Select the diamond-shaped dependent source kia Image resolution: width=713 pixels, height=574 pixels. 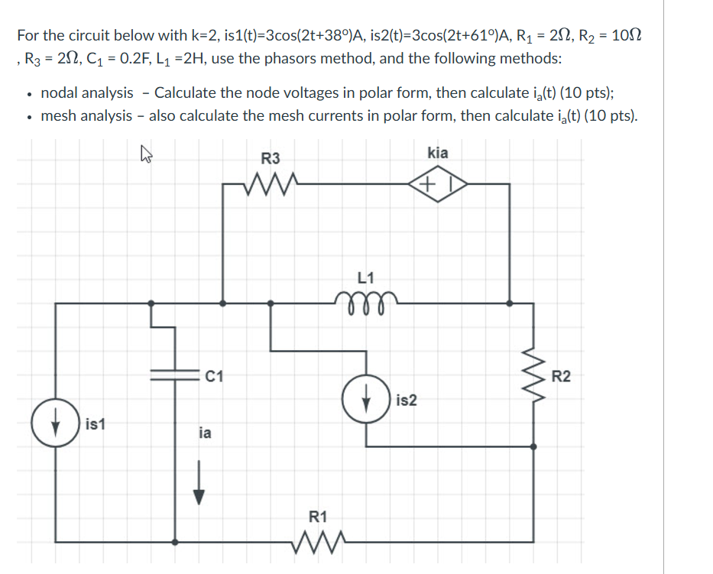click(437, 184)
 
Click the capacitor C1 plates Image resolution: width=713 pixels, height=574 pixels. click(176, 375)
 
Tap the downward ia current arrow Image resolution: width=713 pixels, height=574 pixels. click(199, 485)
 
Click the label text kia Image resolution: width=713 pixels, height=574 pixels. click(438, 153)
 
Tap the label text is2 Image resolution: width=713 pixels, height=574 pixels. click(407, 401)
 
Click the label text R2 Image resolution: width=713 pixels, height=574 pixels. click(560, 375)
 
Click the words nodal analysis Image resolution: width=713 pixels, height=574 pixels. click(86, 92)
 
